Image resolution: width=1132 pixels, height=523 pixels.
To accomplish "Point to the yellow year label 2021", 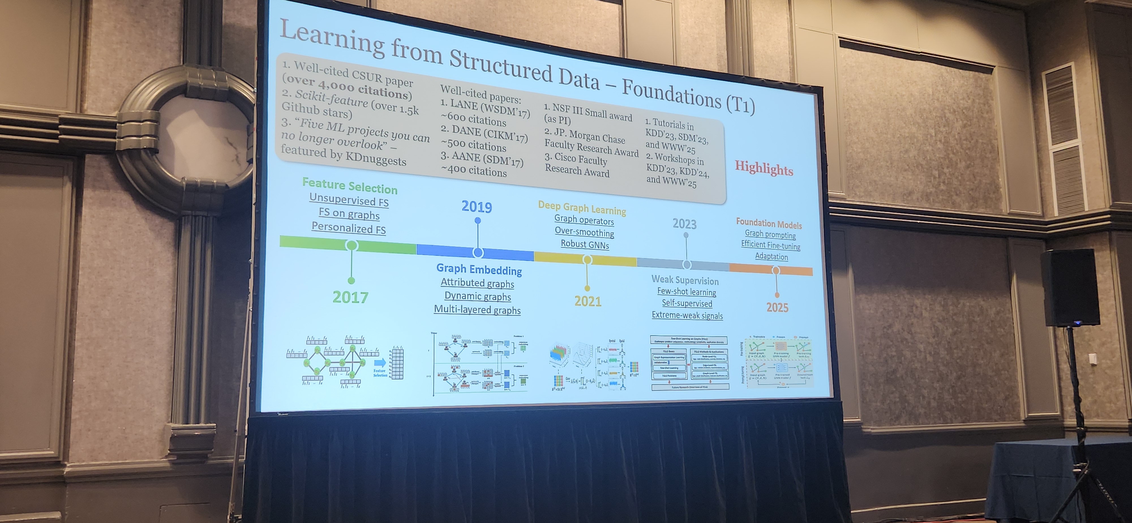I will click(588, 301).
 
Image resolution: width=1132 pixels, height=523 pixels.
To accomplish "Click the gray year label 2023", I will click(684, 224).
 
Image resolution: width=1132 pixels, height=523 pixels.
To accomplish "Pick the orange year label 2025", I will click(777, 308).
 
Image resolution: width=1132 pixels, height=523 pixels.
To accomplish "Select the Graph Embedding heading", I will click(479, 269).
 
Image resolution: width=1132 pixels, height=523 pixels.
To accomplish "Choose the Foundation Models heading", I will click(769, 224).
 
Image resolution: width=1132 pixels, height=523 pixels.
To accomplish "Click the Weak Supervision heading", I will click(685, 280).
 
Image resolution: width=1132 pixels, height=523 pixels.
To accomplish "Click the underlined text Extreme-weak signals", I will click(687, 315).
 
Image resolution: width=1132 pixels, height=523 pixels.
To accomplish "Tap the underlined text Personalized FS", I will click(348, 228).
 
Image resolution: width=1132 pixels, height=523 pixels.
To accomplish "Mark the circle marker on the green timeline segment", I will click(351, 245).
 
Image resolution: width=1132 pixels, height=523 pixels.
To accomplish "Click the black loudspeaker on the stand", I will click(1070, 288).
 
